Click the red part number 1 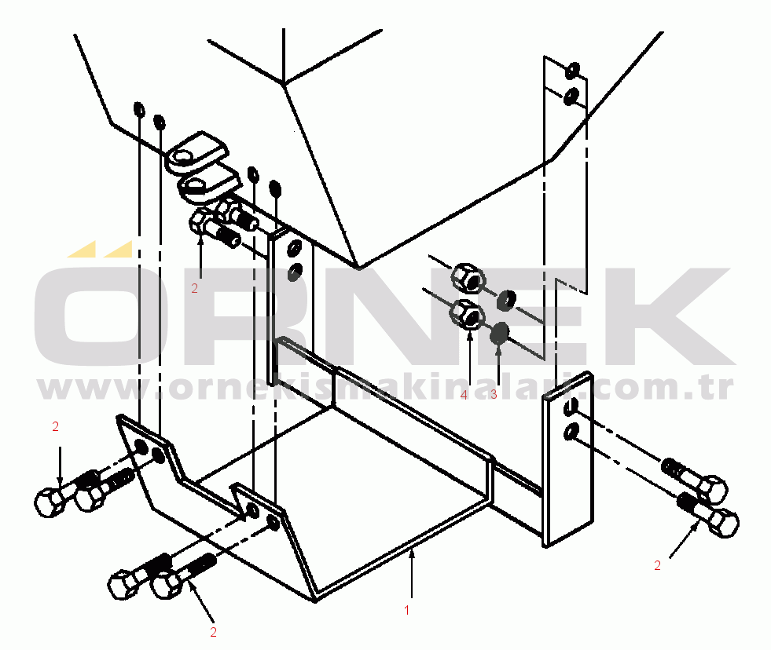[406, 610]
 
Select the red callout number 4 [464, 394]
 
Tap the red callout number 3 [494, 394]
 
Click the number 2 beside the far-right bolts [657, 565]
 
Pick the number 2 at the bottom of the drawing [213, 632]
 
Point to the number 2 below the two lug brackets [194, 288]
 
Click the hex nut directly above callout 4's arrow [467, 315]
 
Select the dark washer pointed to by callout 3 [500, 334]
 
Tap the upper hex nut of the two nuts [468, 279]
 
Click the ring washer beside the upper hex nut [505, 300]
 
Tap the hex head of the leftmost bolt [50, 502]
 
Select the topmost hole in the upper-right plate [572, 70]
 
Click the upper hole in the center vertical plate [294, 249]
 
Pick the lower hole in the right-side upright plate [571, 433]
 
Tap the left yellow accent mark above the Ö [82, 249]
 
